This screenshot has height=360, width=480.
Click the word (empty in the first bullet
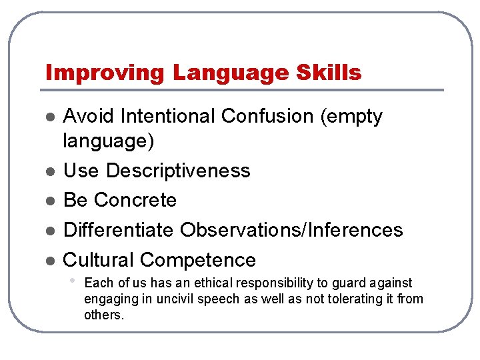click(351, 117)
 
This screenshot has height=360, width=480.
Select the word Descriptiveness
click(178, 171)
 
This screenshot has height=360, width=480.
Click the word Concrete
click(135, 200)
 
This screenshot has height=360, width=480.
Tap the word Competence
click(198, 260)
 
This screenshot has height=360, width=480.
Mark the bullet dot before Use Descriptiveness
click(49, 171)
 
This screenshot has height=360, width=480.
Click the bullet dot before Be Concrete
click(49, 201)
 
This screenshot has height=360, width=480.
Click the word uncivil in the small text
click(178, 299)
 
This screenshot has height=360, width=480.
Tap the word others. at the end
click(104, 315)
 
